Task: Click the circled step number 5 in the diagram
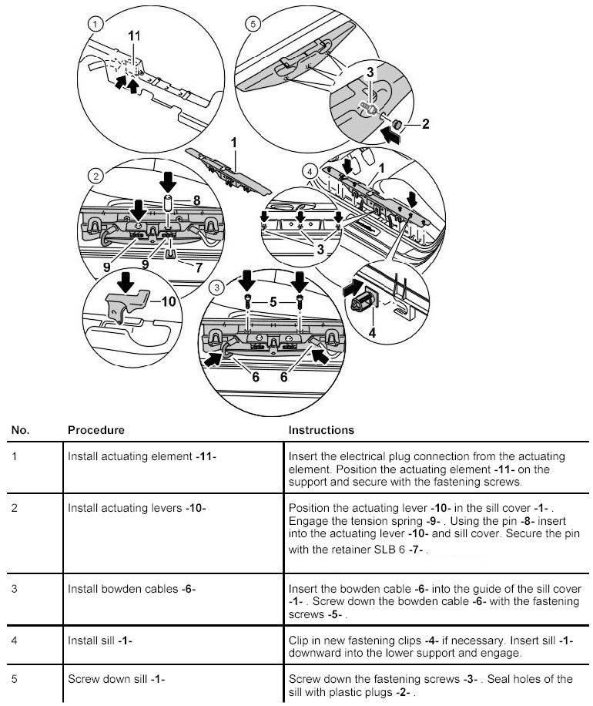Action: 253,24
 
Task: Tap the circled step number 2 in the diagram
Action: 95,177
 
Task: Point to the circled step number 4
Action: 310,170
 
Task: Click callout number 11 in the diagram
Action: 134,36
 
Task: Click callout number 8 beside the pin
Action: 196,200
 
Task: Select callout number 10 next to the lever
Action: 169,301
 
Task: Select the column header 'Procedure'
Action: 96,429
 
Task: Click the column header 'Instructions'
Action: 321,429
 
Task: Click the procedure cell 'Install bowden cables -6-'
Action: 132,590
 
